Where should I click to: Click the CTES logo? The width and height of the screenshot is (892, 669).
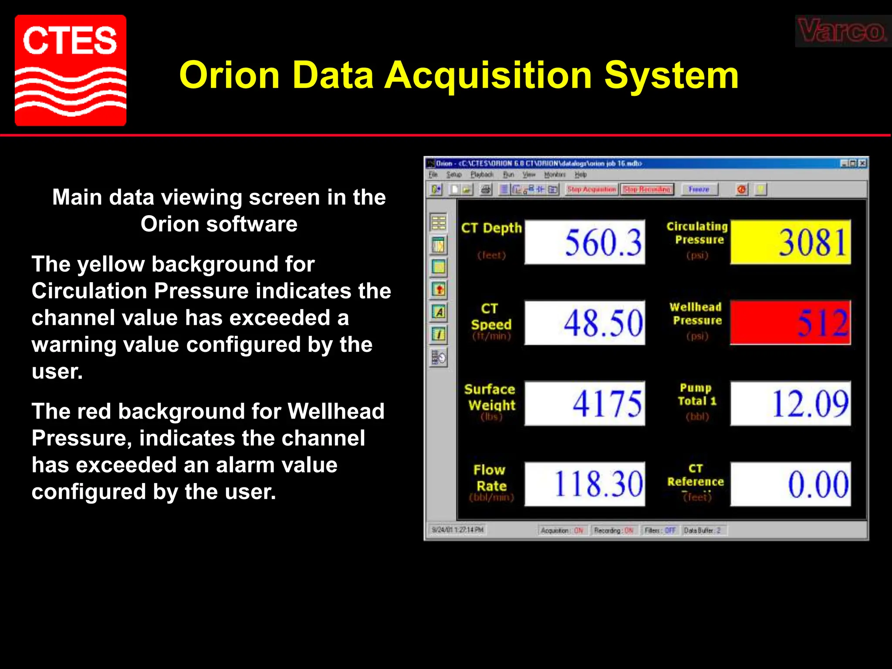[x=71, y=71]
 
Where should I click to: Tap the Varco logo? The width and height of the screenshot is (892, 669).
[x=841, y=31]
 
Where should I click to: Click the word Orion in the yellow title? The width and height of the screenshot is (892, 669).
[x=229, y=75]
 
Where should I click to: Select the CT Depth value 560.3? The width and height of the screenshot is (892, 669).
[x=585, y=242]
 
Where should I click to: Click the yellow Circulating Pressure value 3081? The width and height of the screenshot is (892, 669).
[x=791, y=242]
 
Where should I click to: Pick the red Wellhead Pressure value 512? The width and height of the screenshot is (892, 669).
[x=791, y=323]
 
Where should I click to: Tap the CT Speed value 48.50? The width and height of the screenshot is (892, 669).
[x=585, y=323]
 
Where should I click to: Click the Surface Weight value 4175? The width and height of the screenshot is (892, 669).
[x=585, y=403]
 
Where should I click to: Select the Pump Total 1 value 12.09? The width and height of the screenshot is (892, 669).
[x=791, y=403]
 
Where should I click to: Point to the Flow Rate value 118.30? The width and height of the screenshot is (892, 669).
[x=585, y=484]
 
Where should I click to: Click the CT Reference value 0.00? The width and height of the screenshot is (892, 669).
[x=791, y=484]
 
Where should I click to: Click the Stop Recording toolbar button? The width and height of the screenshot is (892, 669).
[x=647, y=189]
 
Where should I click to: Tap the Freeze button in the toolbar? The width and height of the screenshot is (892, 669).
[x=699, y=189]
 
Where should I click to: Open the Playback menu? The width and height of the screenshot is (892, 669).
[x=482, y=175]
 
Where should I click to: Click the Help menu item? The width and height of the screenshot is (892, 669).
[x=581, y=175]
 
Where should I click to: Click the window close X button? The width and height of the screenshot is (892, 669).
[x=862, y=163]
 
